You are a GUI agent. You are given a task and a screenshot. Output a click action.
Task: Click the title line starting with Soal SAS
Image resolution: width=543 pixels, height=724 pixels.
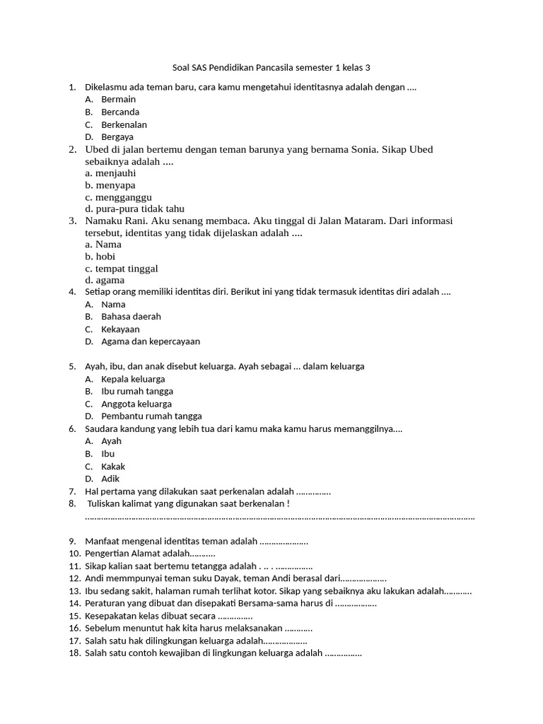point(271,68)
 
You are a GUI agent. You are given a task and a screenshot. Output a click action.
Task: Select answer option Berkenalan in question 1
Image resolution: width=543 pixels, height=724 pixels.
point(124,124)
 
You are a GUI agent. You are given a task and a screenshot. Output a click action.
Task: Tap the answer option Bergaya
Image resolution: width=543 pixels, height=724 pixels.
point(117,137)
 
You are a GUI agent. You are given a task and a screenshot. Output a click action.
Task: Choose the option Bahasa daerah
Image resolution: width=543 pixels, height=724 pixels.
point(131,317)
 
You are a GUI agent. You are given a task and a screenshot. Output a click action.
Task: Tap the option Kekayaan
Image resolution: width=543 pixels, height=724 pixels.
point(120,329)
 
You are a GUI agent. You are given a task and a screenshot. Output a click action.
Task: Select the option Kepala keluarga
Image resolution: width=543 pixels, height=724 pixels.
point(133,379)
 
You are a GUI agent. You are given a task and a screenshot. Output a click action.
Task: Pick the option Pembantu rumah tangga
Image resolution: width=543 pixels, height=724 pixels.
point(151,416)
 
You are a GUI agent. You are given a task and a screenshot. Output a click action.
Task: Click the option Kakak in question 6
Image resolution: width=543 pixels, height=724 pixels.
point(113,467)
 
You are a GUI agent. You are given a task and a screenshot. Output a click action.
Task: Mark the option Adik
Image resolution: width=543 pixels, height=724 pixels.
point(110,479)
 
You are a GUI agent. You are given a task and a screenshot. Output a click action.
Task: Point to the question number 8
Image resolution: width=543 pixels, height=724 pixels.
point(72,503)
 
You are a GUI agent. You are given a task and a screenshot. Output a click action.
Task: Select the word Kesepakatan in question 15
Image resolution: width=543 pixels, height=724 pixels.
point(111,615)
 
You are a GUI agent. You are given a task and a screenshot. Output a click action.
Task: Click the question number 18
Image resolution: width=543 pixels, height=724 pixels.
point(74,653)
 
